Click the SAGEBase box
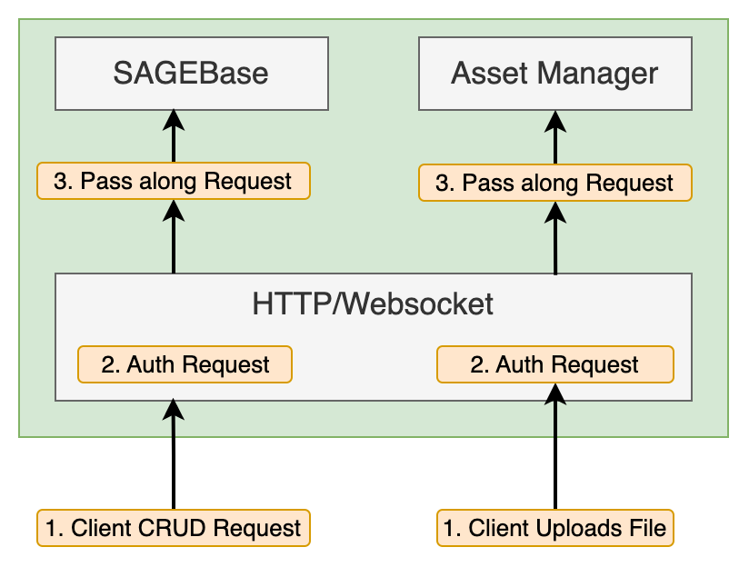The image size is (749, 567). tap(192, 74)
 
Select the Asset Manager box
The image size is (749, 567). tap(555, 74)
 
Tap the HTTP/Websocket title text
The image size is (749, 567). tap(373, 303)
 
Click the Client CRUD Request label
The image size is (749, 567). tap(174, 528)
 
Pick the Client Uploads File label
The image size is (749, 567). tap(555, 528)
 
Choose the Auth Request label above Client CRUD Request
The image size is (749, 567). tap(185, 364)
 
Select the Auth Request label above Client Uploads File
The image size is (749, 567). tap(555, 364)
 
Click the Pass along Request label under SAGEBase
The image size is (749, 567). tap(174, 181)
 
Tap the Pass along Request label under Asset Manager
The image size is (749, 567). tap(555, 183)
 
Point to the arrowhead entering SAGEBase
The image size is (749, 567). tap(174, 119)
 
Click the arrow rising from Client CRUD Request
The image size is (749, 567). tap(174, 454)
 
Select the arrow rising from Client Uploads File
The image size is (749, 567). tap(555, 446)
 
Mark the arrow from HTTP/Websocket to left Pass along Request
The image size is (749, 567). tap(174, 236)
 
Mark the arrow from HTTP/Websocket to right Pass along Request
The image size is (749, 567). tap(555, 238)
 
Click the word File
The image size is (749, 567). tap(647, 528)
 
